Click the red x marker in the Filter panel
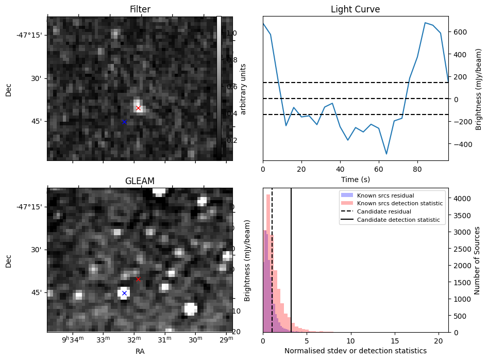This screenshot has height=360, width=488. pyautogui.click(x=138, y=108)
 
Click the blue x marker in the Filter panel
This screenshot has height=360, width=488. pyautogui.click(x=124, y=122)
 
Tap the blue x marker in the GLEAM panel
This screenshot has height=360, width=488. pyautogui.click(x=124, y=293)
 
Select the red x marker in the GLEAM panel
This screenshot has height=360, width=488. pyautogui.click(x=138, y=279)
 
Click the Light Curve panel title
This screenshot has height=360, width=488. pyautogui.click(x=355, y=9)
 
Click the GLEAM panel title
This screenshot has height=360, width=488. pyautogui.click(x=140, y=181)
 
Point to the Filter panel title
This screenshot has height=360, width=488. pyautogui.click(x=140, y=9)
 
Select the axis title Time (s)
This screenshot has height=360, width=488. pyautogui.click(x=355, y=179)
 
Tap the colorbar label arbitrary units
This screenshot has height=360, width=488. pyautogui.click(x=243, y=89)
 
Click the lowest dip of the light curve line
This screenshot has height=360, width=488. pyautogui.click(x=386, y=154)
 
